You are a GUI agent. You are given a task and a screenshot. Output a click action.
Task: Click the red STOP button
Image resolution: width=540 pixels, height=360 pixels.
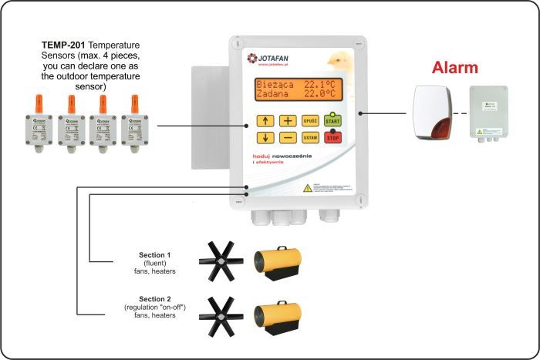coord(332,137)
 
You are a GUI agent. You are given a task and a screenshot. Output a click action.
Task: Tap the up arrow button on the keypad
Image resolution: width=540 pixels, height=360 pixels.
coord(265,120)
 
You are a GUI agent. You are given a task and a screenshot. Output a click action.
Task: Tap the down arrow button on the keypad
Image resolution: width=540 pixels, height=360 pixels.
coord(265,137)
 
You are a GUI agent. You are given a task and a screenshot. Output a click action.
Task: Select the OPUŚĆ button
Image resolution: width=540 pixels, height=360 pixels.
coord(310,120)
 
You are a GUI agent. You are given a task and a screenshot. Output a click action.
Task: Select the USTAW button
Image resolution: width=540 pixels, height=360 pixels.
coord(310,137)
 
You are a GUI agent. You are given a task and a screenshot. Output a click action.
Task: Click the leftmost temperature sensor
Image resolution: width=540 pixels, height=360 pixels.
coord(37,123)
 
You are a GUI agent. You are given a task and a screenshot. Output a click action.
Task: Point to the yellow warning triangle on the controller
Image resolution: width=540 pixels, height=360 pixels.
coord(307,187)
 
